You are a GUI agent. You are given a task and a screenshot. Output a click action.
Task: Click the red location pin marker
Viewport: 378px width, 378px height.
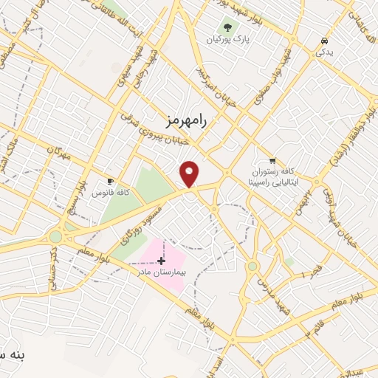pyautogui.click(x=190, y=173)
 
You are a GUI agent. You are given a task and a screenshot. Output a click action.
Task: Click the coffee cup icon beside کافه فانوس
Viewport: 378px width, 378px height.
pyautogui.click(x=110, y=181)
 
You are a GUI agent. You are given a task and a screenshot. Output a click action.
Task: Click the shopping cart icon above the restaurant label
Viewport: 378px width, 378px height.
pyautogui.click(x=272, y=160)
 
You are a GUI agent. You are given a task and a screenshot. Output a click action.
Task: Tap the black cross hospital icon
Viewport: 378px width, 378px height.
pyautogui.click(x=162, y=261)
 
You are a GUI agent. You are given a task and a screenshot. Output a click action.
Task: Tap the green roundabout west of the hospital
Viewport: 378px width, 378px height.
pyautogui.click(x=56, y=237)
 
